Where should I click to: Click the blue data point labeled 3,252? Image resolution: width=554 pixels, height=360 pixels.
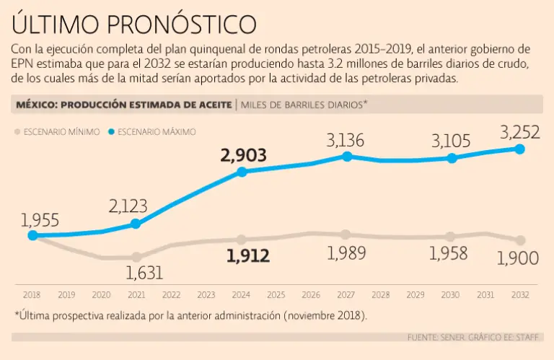click(x=520, y=149)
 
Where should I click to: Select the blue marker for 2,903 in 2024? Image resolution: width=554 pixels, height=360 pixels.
click(x=242, y=172)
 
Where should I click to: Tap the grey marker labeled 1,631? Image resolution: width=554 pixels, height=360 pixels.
click(x=137, y=256)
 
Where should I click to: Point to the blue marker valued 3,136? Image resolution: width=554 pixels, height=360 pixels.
click(x=346, y=156)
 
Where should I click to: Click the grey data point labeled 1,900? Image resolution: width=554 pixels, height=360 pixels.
click(x=520, y=240)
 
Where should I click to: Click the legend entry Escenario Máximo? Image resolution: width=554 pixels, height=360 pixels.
click(x=151, y=132)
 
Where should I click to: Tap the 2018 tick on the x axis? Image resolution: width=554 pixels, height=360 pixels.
click(x=32, y=295)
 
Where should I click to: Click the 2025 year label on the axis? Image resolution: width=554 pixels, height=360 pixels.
click(x=276, y=295)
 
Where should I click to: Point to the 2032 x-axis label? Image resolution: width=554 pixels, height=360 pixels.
click(x=520, y=295)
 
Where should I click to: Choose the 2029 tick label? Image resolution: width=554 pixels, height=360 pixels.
click(x=415, y=295)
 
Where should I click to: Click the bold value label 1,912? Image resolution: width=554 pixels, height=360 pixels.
click(x=247, y=255)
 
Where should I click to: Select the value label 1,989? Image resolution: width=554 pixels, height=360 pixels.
click(x=346, y=253)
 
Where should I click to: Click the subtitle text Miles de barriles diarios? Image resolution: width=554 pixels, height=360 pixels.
click(x=304, y=105)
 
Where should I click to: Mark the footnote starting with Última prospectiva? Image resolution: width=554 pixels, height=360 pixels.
click(x=191, y=315)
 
